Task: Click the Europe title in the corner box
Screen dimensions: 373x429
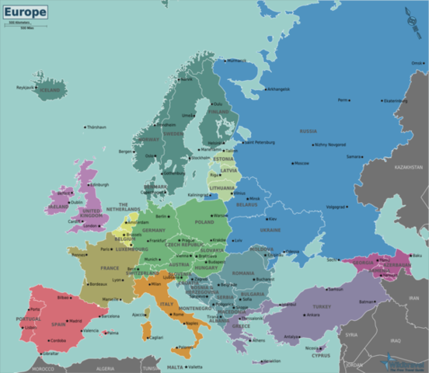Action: click(x=24, y=12)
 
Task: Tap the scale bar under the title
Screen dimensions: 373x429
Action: click(x=19, y=25)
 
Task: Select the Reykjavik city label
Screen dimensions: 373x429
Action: click(x=26, y=88)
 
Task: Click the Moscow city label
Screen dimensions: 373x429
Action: click(x=301, y=163)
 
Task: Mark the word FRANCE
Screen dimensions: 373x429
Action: click(x=110, y=268)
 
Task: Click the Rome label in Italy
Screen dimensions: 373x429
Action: click(x=169, y=312)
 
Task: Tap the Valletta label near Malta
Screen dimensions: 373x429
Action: click(x=195, y=367)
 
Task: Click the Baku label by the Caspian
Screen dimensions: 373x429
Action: click(x=417, y=255)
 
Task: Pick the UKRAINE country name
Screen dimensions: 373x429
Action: click(x=271, y=230)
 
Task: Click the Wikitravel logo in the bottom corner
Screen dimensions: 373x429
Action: click(x=400, y=361)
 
